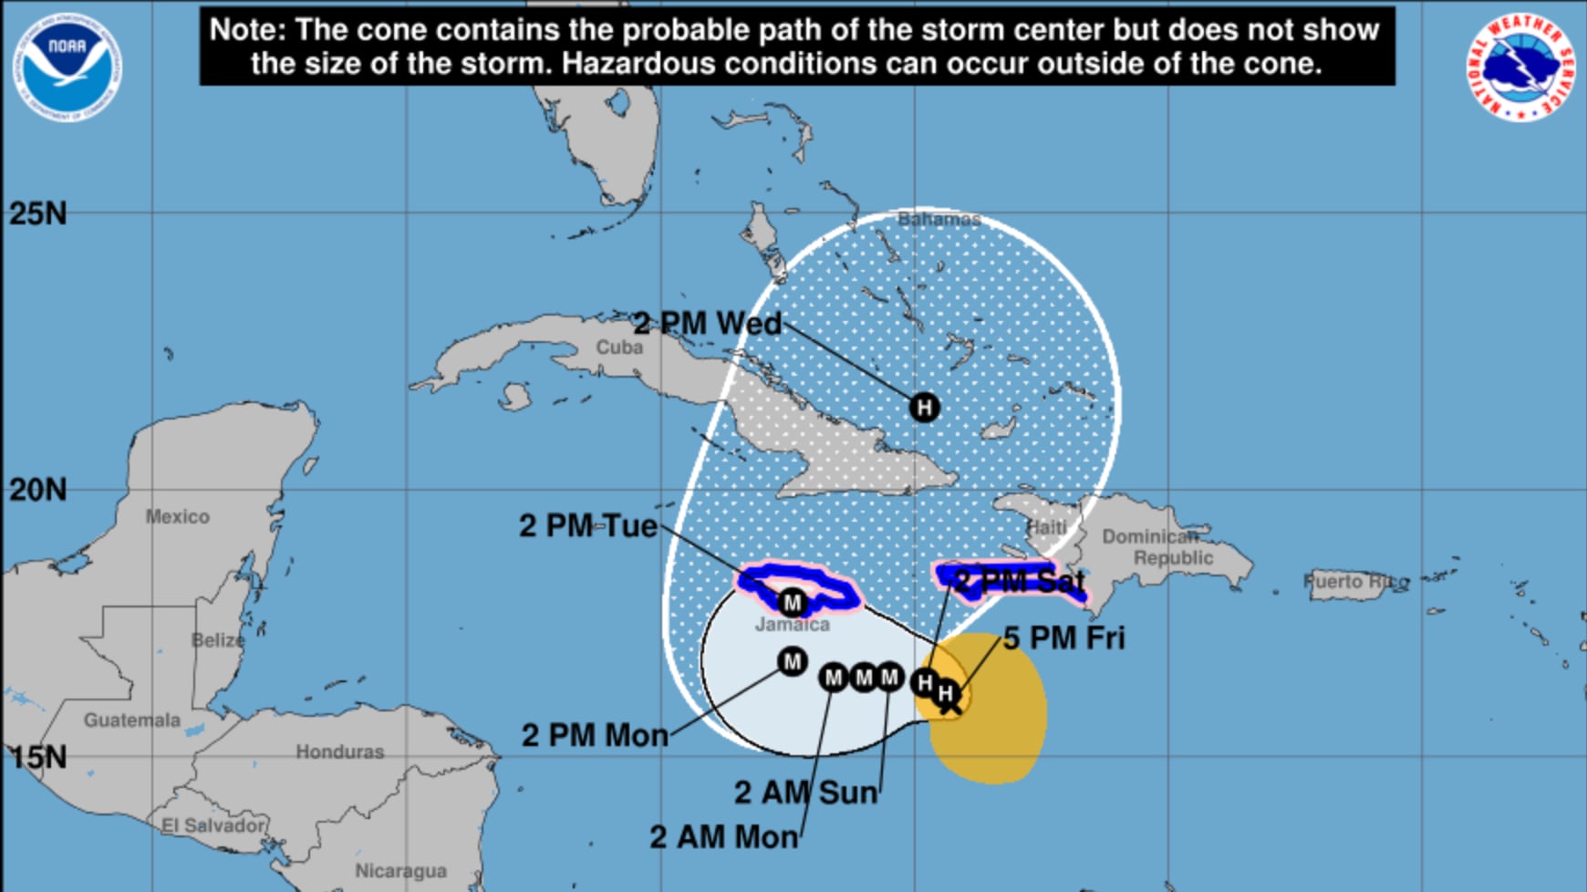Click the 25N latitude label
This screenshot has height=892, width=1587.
(37, 213)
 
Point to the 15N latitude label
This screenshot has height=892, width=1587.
(37, 757)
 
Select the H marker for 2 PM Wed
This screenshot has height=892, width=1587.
(924, 407)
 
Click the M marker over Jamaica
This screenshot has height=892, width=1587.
(792, 602)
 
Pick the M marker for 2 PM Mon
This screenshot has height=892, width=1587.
(792, 661)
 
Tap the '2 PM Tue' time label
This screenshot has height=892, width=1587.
(588, 525)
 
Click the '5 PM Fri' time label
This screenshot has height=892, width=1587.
(1064, 638)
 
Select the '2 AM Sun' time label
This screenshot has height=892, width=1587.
(806, 793)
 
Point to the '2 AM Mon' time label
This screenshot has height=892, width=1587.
(723, 836)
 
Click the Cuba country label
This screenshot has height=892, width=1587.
(619, 347)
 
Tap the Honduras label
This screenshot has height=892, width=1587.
(339, 752)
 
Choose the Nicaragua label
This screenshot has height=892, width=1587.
(400, 870)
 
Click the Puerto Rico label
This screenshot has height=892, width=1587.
(1356, 581)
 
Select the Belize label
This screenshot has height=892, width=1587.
(218, 640)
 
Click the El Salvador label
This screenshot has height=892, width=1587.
(213, 825)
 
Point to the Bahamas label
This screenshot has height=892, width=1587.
(939, 219)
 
